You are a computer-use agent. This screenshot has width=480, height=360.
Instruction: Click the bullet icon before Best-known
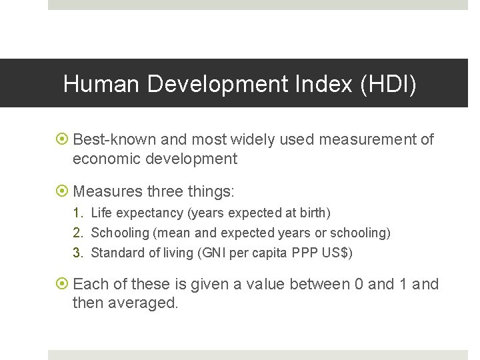pos(63,140)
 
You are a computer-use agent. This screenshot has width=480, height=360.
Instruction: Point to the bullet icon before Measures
pos(63,192)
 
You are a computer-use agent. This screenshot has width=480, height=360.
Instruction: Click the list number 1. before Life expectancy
pos(79,213)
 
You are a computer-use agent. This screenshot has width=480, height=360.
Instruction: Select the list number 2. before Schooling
pos(79,233)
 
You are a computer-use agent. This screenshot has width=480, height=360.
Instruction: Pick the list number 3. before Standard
pos(79,253)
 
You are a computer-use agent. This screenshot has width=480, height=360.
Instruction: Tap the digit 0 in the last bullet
pos(359,285)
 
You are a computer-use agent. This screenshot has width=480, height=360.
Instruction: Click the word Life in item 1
pos(102,213)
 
